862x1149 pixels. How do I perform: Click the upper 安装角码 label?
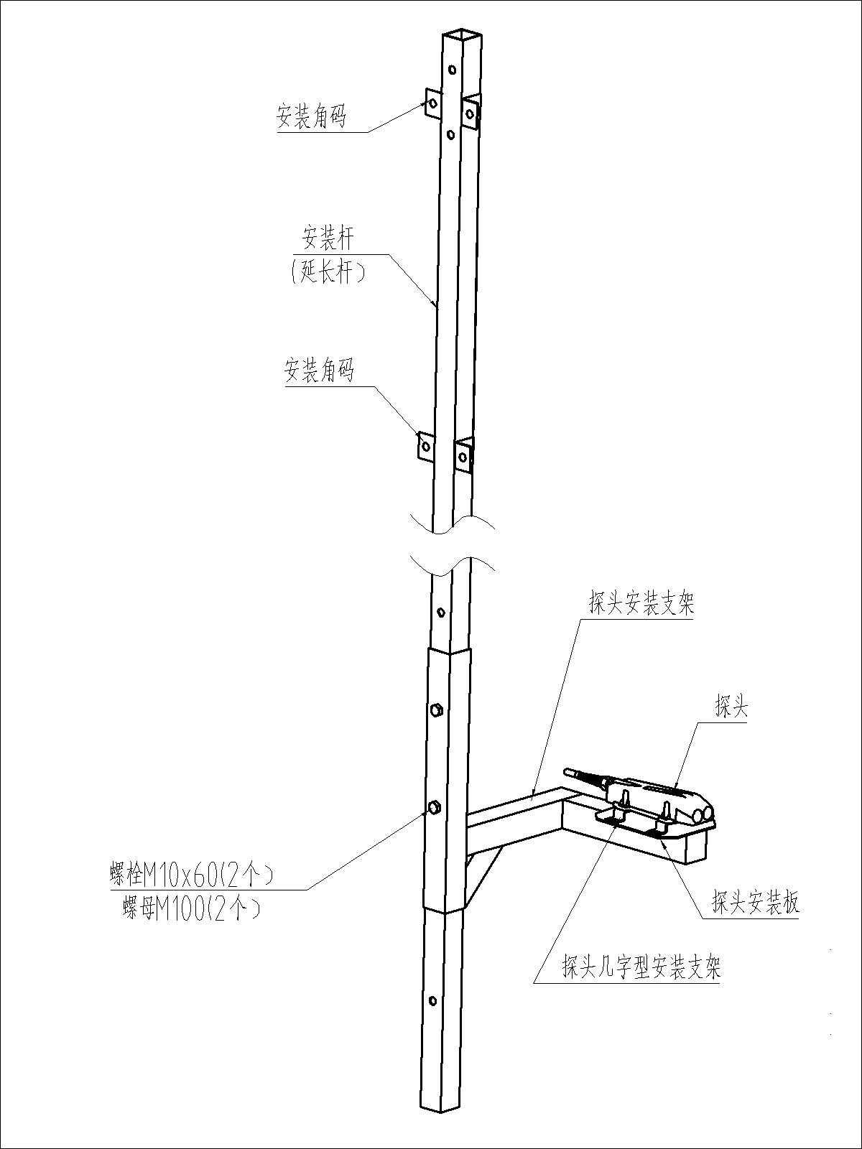[x=311, y=116]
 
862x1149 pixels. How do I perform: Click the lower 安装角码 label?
[x=319, y=371]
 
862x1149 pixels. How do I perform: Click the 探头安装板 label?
[x=755, y=902]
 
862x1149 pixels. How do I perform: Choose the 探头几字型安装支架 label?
[x=641, y=969]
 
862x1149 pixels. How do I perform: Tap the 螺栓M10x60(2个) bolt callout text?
[x=188, y=875]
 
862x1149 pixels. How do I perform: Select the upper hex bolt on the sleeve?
[x=435, y=710]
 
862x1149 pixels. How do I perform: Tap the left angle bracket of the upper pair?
[x=432, y=103]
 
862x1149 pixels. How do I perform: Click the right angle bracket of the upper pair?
[x=471, y=112]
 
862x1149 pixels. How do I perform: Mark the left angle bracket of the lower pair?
[x=425, y=446]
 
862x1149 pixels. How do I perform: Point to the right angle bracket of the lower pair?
[x=463, y=455]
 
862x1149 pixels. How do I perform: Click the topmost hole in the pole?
[x=451, y=70]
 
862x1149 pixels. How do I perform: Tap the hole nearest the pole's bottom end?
[x=432, y=1000]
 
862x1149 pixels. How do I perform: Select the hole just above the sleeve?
[x=441, y=613]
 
